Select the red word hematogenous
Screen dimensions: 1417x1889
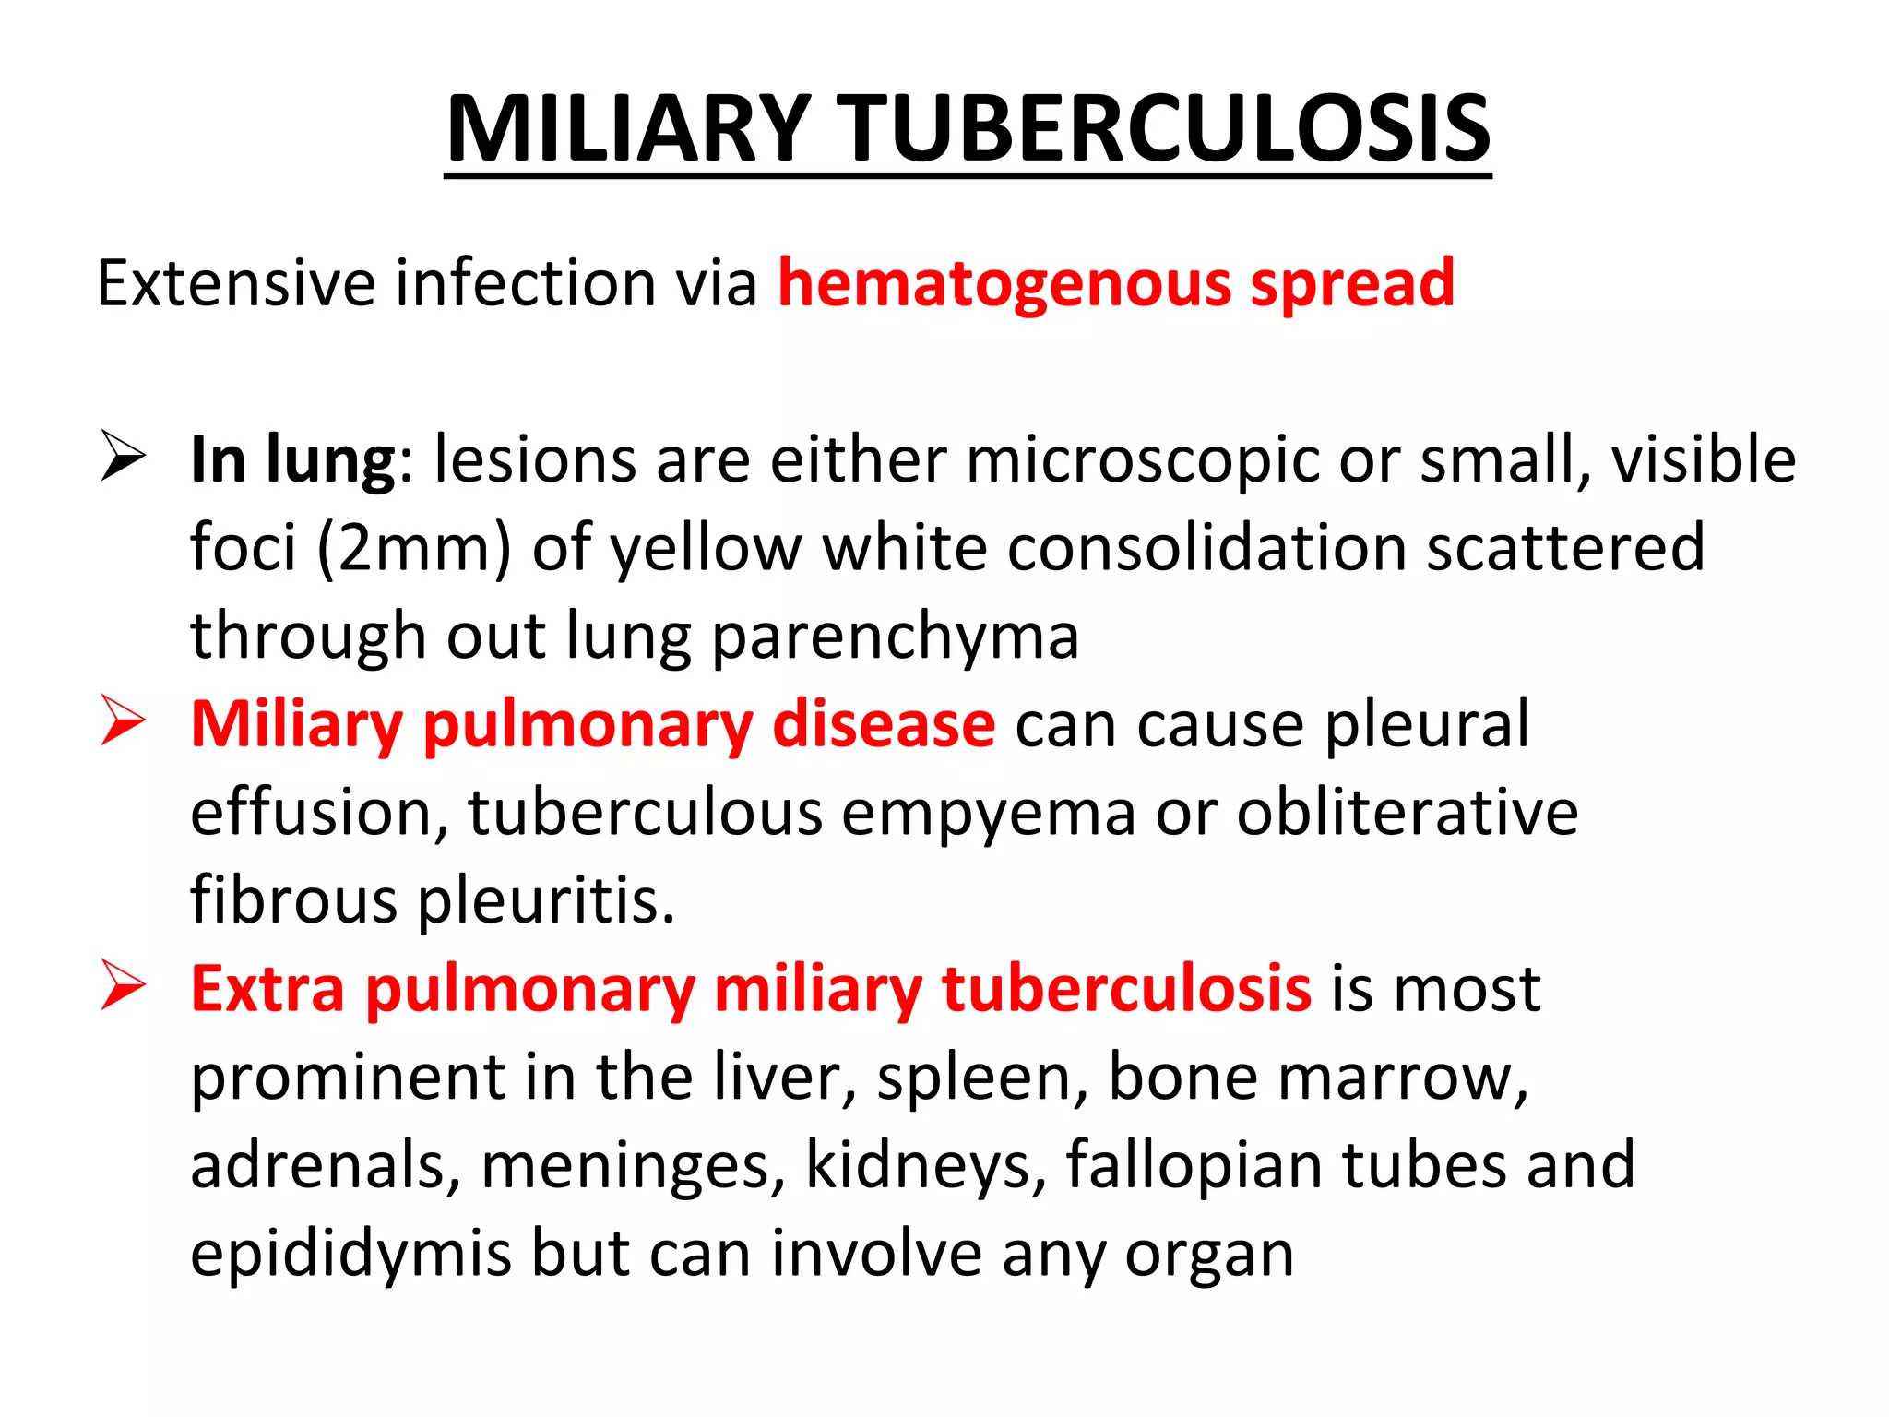tap(1004, 283)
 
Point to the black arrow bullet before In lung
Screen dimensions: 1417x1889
tap(123, 457)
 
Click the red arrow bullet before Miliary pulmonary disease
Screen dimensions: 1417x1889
tap(123, 721)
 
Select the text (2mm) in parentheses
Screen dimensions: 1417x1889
tap(414, 548)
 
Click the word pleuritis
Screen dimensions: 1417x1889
tap(547, 900)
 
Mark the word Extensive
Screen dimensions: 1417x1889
tap(236, 283)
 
